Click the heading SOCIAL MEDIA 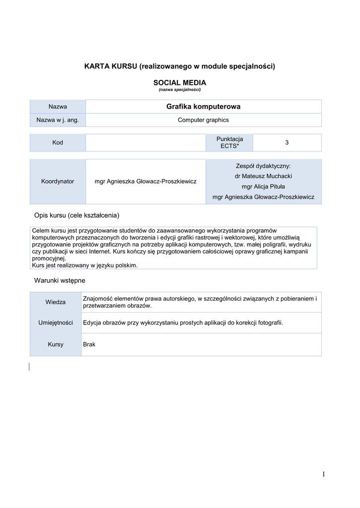coord(179,82)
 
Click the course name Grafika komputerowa coord(204,107)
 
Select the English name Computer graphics coord(204,120)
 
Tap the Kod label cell coord(58,143)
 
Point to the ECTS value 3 coord(287,143)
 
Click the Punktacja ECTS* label coord(229,143)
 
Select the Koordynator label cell coord(58,182)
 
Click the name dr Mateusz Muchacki coord(263,176)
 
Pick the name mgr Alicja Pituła coord(263,187)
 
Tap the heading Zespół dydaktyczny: coord(263,166)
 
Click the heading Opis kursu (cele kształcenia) coord(76,215)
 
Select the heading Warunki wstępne coord(60,281)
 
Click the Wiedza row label coord(56,302)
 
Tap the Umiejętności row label coord(56,323)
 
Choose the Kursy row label coord(56,344)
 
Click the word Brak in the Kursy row coord(89,344)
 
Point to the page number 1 coord(323,475)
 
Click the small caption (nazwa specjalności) coord(179,90)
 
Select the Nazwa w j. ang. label coord(58,120)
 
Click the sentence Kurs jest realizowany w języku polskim coord(85,265)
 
